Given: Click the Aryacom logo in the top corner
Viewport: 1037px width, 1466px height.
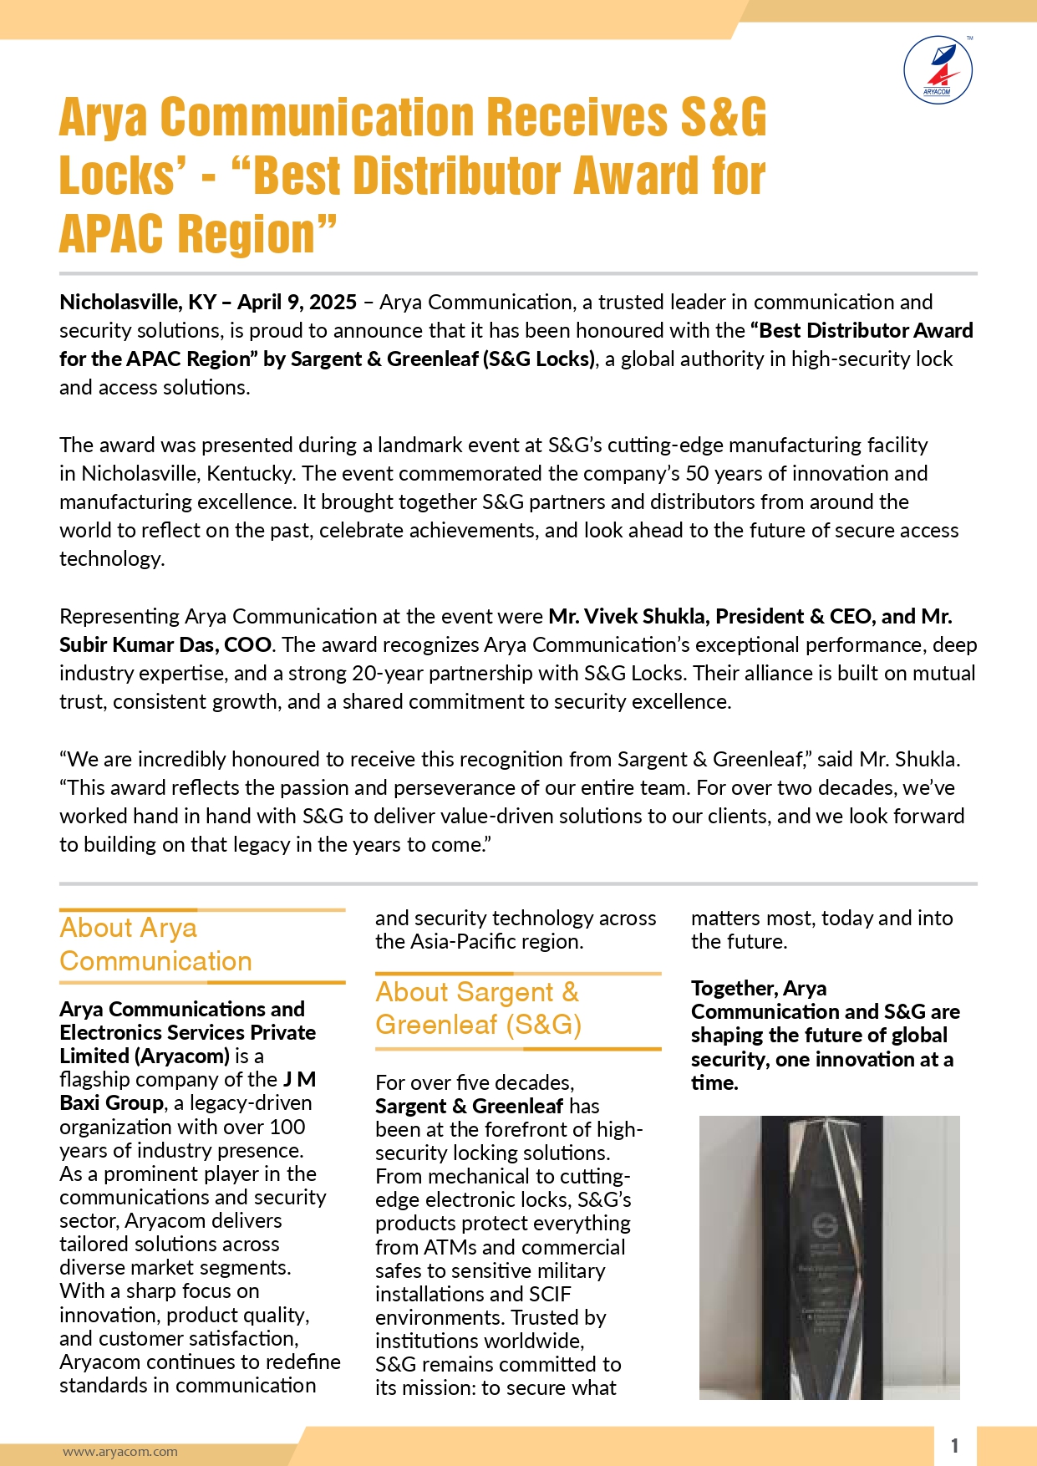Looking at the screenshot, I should click(938, 70).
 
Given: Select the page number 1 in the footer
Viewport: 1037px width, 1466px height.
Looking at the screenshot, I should click(954, 1446).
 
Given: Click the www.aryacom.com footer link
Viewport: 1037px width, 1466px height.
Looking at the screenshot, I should click(120, 1452).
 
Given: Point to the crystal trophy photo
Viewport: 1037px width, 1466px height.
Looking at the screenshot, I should click(829, 1257).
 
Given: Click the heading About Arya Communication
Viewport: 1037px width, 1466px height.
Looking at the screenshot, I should click(155, 944).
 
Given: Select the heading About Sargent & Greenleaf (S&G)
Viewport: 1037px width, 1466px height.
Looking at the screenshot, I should click(478, 1008).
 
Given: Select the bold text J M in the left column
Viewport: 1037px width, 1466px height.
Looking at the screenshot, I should click(300, 1080).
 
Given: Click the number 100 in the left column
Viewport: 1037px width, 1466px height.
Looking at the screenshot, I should click(287, 1127).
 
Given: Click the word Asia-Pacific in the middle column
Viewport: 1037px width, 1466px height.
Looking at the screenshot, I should click(457, 942).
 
